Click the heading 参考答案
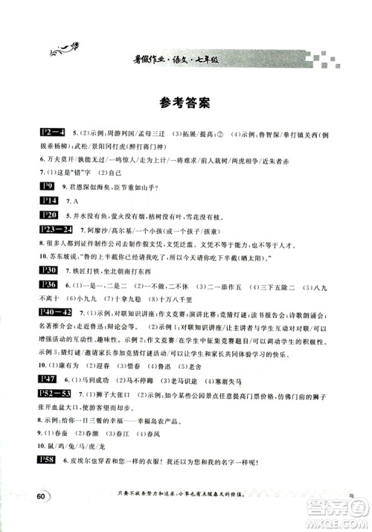[x=186, y=102]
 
